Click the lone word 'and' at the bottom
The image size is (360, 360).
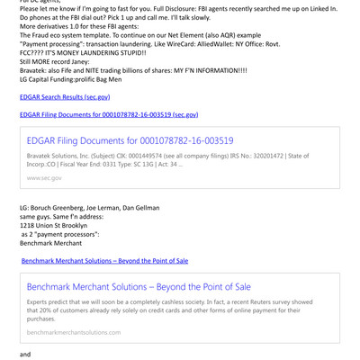pos(24,355)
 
